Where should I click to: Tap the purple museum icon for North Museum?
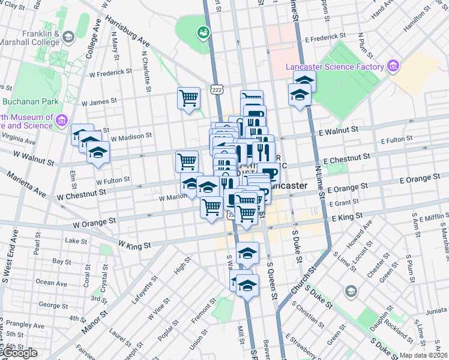(61, 121)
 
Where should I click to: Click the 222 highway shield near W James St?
(217, 89)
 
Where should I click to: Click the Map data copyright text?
(424, 355)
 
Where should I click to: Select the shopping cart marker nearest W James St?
(188, 97)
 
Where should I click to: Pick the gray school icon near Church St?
(351, 291)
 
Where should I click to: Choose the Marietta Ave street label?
(26, 185)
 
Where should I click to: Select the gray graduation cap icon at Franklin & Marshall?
(68, 38)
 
